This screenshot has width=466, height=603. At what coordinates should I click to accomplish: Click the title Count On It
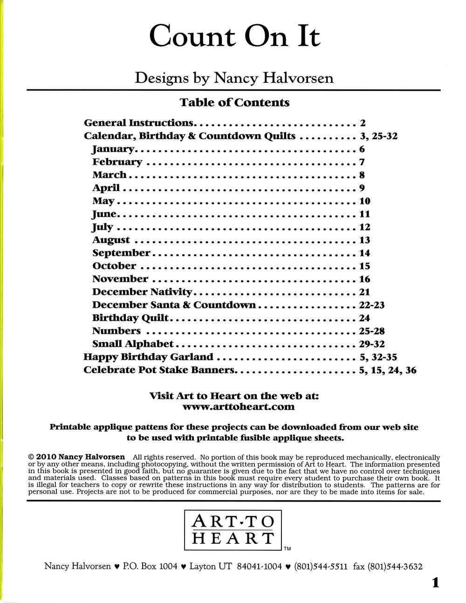[x=234, y=36]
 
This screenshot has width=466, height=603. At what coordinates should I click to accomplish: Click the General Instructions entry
[x=138, y=123]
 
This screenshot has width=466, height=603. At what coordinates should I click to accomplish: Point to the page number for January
[x=362, y=149]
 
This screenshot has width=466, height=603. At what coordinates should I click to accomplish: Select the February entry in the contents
[x=117, y=162]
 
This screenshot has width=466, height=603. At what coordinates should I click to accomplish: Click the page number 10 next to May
[x=364, y=201]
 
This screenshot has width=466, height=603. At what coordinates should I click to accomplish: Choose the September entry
[x=121, y=253]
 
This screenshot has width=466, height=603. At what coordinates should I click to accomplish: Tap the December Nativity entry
[x=142, y=292]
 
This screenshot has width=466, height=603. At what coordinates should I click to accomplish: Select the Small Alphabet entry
[x=133, y=344]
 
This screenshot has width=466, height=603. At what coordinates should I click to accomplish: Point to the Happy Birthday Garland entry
[x=148, y=357]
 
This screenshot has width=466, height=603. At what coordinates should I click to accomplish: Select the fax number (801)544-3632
[x=395, y=567]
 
